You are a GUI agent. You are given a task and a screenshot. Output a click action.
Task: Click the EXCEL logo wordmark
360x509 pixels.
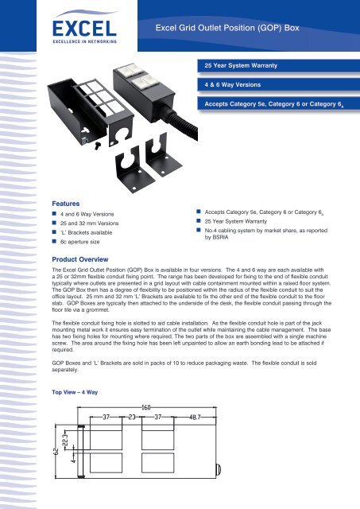point(84,29)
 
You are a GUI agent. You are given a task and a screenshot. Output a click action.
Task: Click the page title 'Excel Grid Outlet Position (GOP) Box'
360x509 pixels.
point(227,28)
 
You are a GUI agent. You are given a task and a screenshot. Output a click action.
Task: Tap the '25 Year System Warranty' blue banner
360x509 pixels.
point(279,65)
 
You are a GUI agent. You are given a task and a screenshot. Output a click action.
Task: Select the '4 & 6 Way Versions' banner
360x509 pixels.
point(279,85)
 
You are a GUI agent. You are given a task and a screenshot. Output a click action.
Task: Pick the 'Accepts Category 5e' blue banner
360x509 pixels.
point(279,104)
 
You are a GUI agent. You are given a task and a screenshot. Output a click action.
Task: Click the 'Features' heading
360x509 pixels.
point(65,204)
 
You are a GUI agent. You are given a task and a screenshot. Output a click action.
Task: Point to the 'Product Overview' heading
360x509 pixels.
point(80,259)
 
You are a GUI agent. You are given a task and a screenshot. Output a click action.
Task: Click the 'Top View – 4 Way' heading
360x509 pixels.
point(75,392)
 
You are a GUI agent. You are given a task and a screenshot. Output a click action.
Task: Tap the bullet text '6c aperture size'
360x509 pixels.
point(79,242)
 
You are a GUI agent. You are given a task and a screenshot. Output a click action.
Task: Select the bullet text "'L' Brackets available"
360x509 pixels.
point(87,232)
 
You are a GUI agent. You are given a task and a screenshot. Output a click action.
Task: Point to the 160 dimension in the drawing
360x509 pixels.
point(146,407)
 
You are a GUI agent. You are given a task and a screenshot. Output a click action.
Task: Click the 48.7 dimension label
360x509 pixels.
point(195,417)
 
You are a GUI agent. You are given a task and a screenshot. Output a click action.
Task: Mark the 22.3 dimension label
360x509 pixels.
point(65,440)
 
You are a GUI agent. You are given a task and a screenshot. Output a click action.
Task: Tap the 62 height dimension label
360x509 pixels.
point(56,452)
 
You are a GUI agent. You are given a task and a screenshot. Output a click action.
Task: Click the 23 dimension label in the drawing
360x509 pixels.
point(132,417)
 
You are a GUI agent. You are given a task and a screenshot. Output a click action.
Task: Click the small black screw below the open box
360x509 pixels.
point(97,146)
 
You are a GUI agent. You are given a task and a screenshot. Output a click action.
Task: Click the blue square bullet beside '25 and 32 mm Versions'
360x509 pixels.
point(54,223)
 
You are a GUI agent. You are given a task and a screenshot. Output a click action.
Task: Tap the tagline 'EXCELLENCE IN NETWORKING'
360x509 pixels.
point(85,41)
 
